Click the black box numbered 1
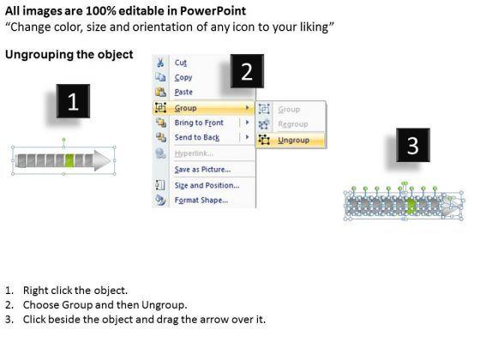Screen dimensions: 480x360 point(73,101)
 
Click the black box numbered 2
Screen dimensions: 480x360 point(247,71)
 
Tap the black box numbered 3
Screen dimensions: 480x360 point(413,145)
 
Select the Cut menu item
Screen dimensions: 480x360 point(180,63)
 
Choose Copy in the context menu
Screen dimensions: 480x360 point(183,77)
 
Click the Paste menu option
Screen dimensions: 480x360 point(183,93)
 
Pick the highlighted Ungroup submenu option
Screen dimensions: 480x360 point(293,141)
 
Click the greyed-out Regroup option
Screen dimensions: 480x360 point(293,124)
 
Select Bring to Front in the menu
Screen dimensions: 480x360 point(199,123)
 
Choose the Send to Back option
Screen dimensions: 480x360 point(197,137)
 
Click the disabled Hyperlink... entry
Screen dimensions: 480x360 point(194,153)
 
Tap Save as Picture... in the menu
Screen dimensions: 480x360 point(202,170)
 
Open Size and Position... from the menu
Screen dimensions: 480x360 point(207,185)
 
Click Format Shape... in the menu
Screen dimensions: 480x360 point(201,201)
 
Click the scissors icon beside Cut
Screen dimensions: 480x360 point(160,63)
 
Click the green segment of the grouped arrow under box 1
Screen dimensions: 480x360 point(69,161)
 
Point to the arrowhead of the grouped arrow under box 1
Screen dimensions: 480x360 point(102,160)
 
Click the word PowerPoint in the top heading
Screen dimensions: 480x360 point(213,11)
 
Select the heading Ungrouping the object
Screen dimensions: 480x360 point(69,55)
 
